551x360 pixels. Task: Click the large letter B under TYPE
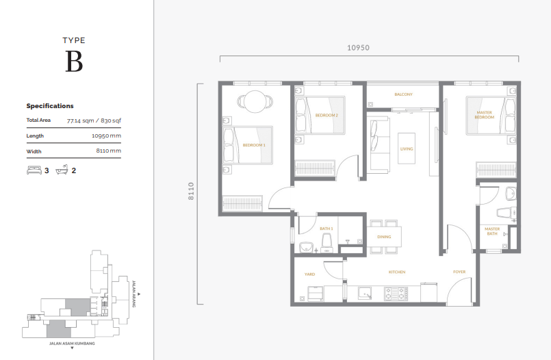74,62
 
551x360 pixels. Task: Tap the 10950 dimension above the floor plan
358,48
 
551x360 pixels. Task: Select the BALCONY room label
403,94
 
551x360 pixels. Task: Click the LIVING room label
407,149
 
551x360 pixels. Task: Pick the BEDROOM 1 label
254,145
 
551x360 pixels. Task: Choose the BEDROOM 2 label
326,116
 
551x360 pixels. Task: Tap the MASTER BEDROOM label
484,115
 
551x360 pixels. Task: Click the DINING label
384,237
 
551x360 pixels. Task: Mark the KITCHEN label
397,272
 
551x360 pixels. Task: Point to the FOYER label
459,272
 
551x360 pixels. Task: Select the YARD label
309,274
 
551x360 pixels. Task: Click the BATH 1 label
326,229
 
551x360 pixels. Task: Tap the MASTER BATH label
491,231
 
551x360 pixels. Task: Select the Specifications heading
50,106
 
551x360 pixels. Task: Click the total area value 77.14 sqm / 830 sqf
94,120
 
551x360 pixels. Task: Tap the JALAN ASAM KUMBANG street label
72,343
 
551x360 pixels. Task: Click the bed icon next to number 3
34,170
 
